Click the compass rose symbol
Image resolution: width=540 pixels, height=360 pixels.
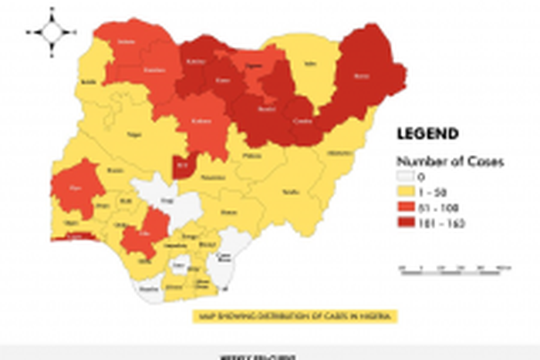pos(52,32)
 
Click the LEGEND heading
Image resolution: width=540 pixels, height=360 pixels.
pos(427,133)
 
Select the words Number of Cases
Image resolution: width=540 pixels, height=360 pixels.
pos(450,162)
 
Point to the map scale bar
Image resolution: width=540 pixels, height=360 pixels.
pos(455,267)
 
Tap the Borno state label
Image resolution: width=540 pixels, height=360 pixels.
pos(360,77)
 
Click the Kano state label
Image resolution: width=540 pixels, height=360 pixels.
pos(224,80)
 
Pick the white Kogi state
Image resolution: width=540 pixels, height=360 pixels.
pos(165,198)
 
